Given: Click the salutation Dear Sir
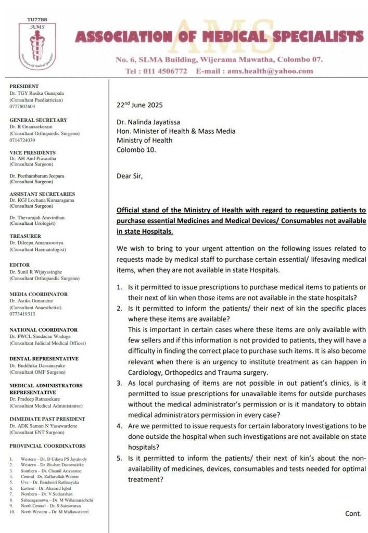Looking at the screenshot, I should click(x=129, y=175).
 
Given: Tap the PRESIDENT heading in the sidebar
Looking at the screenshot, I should click(x=24, y=86).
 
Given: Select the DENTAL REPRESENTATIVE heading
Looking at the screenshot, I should click(x=44, y=359).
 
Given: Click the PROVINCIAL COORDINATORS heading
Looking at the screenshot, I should click(x=47, y=446).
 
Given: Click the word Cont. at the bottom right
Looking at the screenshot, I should click(x=353, y=513).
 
